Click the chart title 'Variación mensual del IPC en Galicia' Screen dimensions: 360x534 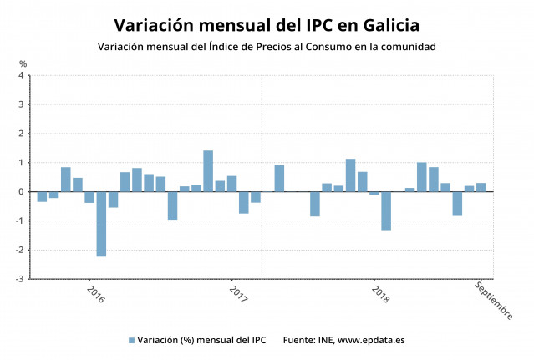coord(267,24)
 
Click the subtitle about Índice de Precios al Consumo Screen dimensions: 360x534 coord(267,47)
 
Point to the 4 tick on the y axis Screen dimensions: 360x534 coord(21,75)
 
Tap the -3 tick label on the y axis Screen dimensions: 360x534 coord(19,279)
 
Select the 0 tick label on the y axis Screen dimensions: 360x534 coord(21,191)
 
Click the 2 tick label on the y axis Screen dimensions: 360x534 coord(21,134)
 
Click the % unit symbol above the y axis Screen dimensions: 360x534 coord(23,63)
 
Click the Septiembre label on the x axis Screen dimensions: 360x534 coord(493,300)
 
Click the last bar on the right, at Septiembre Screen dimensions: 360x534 coord(481,187)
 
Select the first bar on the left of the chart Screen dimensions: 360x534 coord(42,196)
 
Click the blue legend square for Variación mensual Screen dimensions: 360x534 coord(131,340)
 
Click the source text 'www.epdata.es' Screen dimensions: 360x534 coord(371,340)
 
